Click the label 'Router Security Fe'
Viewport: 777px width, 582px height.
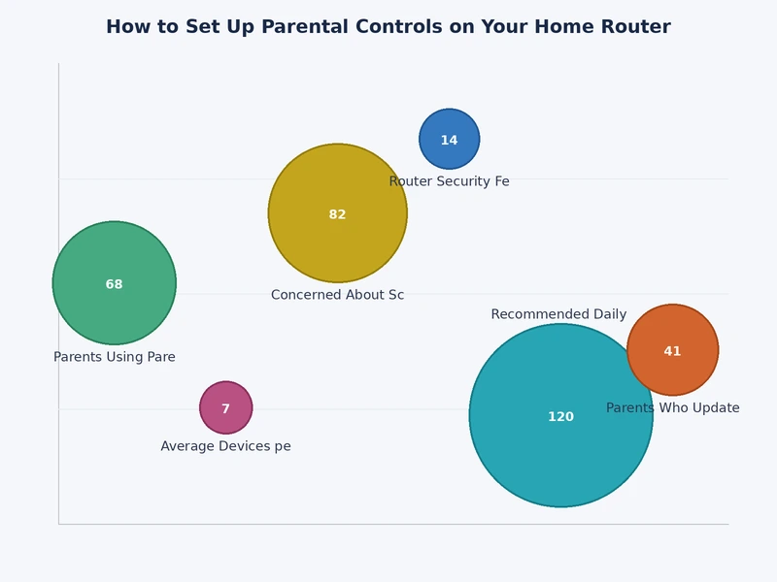pyautogui.click(x=449, y=181)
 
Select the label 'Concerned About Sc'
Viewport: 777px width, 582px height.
pyautogui.click(x=337, y=295)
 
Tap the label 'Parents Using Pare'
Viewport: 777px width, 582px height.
pyautogui.click(x=115, y=357)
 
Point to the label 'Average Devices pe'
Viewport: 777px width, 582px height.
pyautogui.click(x=225, y=446)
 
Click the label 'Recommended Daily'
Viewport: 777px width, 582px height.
pyautogui.click(x=558, y=314)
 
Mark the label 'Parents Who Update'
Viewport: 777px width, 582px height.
pyautogui.click(x=672, y=408)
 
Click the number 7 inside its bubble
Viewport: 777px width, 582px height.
pyautogui.click(x=225, y=409)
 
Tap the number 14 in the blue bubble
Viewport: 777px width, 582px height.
pyautogui.click(x=449, y=141)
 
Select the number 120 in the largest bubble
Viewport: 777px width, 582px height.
pyautogui.click(x=560, y=417)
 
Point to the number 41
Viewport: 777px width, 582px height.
pyautogui.click(x=672, y=351)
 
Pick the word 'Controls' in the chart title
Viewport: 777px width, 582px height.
pyautogui.click(x=405, y=27)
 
